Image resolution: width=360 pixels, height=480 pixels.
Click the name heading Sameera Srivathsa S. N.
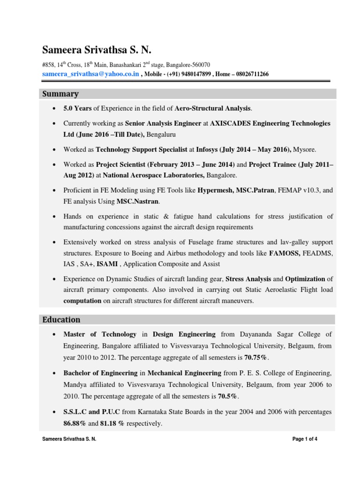97,50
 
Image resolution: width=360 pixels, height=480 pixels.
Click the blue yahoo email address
90,74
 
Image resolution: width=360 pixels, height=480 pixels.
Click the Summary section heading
60,94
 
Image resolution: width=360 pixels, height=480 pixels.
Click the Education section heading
61,320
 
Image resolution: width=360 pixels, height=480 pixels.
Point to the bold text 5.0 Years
78,108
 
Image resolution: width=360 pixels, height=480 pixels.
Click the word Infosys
207,150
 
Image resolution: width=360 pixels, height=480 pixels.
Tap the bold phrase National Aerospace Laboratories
153,175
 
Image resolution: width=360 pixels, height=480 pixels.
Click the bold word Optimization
305,279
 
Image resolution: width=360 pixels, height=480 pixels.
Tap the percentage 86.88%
76,423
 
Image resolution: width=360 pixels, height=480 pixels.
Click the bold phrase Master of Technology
100,334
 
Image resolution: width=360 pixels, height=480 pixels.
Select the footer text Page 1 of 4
305,439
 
